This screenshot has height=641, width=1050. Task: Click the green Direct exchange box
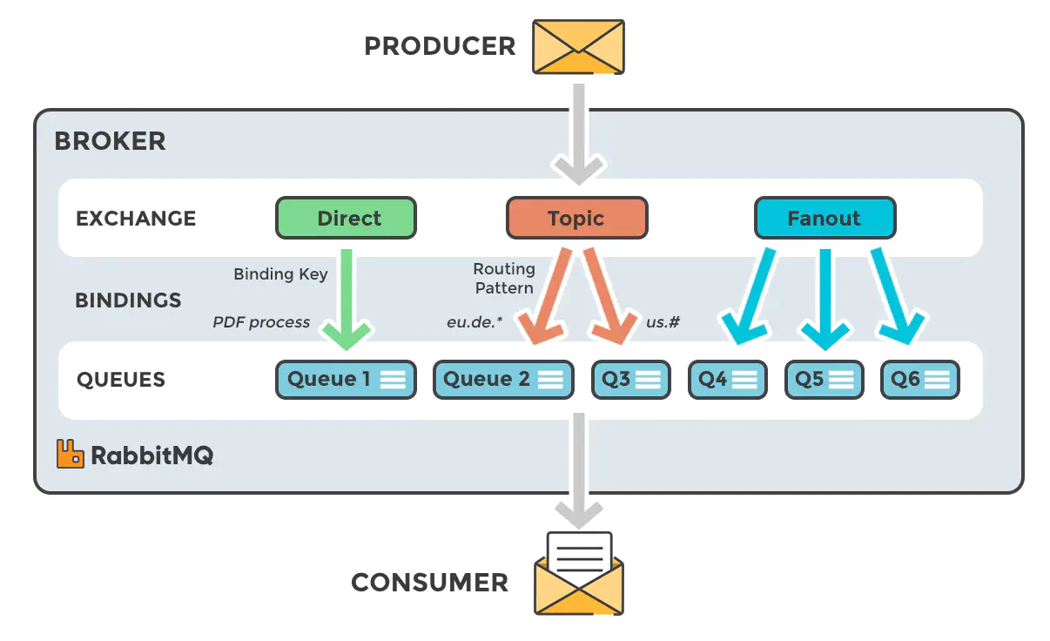(x=346, y=218)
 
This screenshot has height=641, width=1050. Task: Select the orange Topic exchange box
(x=576, y=218)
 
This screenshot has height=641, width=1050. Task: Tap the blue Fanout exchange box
(x=824, y=218)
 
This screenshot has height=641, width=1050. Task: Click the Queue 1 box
(x=346, y=380)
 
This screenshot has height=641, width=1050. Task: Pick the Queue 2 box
(x=503, y=380)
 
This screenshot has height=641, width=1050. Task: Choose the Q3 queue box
(x=631, y=380)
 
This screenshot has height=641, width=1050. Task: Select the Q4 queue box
(x=728, y=380)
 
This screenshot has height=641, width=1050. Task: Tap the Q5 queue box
(x=824, y=380)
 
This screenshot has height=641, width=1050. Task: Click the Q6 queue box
(x=919, y=380)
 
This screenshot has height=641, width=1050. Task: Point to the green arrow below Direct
(x=346, y=296)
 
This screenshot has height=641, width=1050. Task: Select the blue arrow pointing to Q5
(x=824, y=296)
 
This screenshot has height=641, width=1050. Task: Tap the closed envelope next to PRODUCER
(x=579, y=46)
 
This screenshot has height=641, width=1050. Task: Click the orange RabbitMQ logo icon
(x=70, y=454)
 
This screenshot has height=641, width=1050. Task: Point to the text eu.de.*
(x=475, y=322)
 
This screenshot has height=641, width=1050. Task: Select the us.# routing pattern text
(x=663, y=322)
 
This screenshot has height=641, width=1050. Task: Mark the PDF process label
(x=261, y=322)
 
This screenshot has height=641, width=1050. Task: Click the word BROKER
(x=110, y=141)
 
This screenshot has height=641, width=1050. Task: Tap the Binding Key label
(x=280, y=274)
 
